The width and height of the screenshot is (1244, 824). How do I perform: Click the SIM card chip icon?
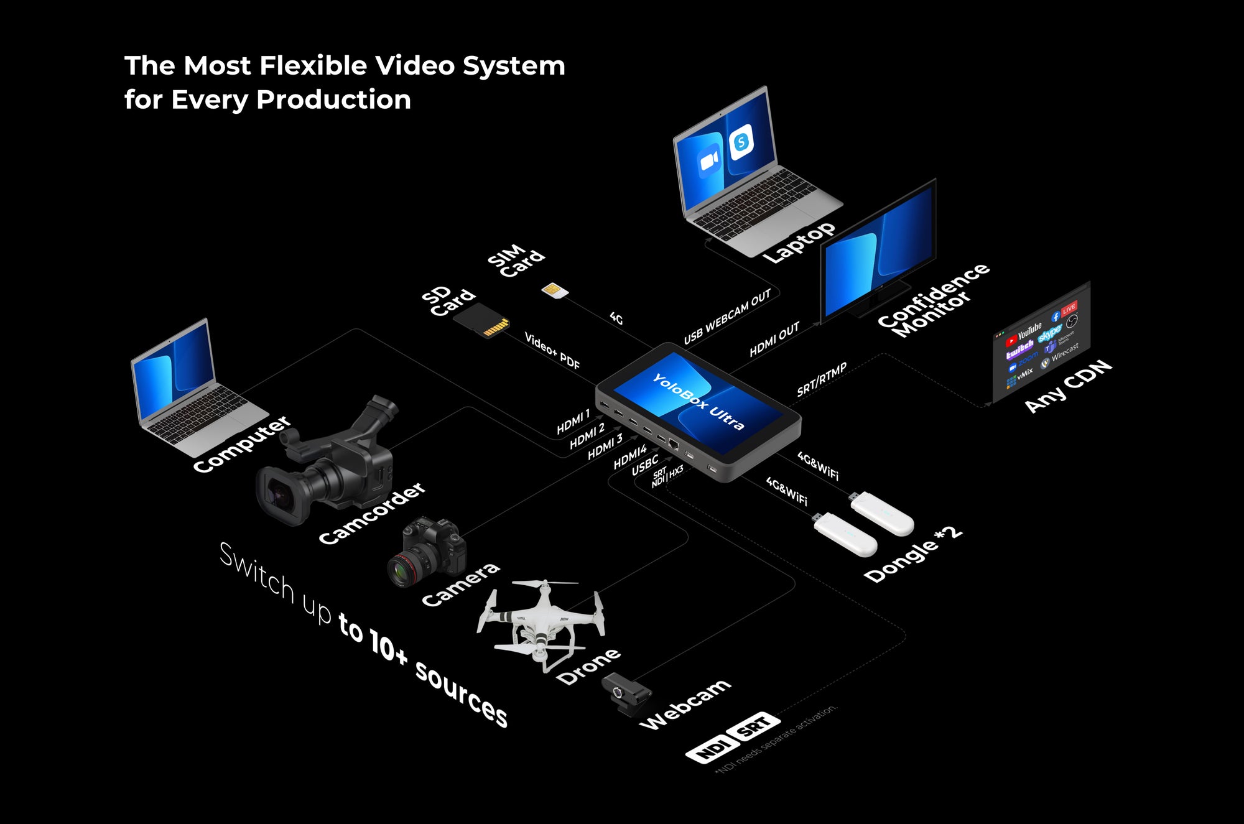point(554,290)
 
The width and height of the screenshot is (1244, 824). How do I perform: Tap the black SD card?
point(481,321)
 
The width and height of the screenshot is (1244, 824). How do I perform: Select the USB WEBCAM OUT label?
point(727,317)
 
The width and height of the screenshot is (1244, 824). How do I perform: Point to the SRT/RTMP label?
point(822,379)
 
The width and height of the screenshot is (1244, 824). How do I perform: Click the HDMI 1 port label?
point(573,422)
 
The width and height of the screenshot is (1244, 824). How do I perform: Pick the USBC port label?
point(644,465)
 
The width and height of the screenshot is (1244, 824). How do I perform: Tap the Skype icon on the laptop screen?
point(741,142)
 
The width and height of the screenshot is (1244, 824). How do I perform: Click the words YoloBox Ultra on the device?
point(697,401)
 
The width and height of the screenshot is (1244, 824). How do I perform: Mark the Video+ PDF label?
point(552,351)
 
